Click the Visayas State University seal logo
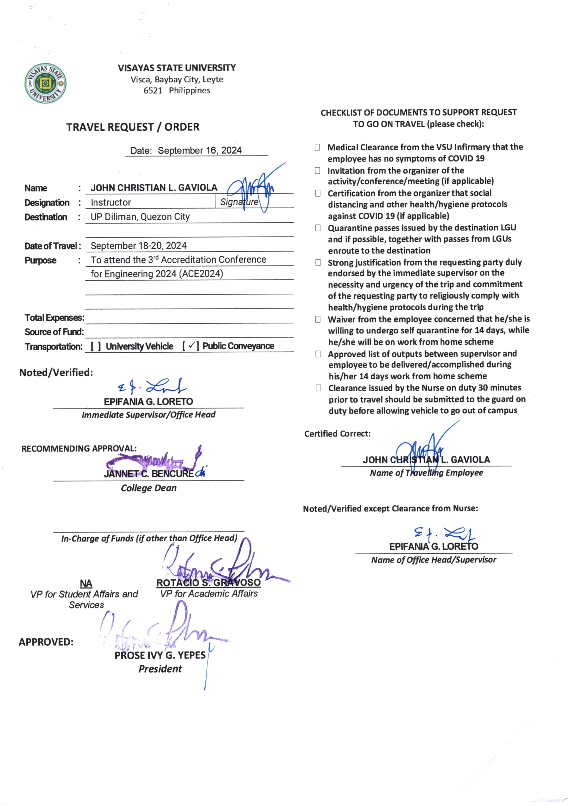(x=45, y=83)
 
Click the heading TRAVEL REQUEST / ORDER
(x=133, y=127)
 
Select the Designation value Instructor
(x=111, y=203)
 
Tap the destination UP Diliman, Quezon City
(x=140, y=217)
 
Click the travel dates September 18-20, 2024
(x=139, y=246)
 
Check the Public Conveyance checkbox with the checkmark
(x=191, y=346)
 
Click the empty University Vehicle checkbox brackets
(x=96, y=346)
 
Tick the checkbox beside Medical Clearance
(x=317, y=147)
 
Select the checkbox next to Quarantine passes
(x=318, y=228)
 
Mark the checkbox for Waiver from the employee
(x=318, y=319)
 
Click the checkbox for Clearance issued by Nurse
(x=318, y=388)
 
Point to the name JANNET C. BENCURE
(x=149, y=474)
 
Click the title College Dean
(x=149, y=488)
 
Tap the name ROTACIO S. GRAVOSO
(x=208, y=583)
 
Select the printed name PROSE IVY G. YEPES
(x=160, y=655)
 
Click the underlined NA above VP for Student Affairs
(x=86, y=583)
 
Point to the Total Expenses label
(x=54, y=318)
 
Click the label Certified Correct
(x=337, y=434)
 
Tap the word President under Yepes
(x=160, y=669)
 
